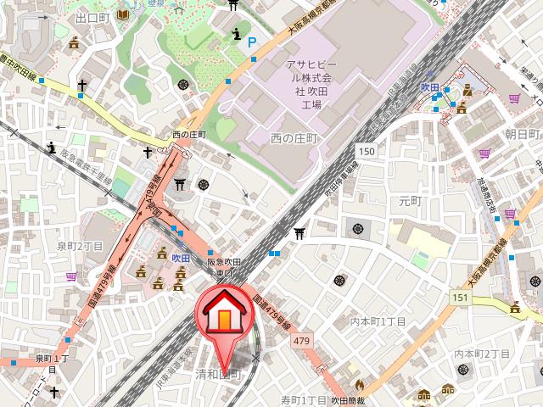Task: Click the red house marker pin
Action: pos(225,316)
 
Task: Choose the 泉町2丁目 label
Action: pos(80,246)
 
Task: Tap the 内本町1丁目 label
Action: pos(379,322)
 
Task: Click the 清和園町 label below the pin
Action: pos(218,374)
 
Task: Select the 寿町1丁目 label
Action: pos(304,399)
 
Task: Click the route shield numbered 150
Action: pos(366,151)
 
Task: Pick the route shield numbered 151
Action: pos(459,297)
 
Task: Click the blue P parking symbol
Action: pos(251,40)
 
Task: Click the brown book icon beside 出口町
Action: pos(124,15)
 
